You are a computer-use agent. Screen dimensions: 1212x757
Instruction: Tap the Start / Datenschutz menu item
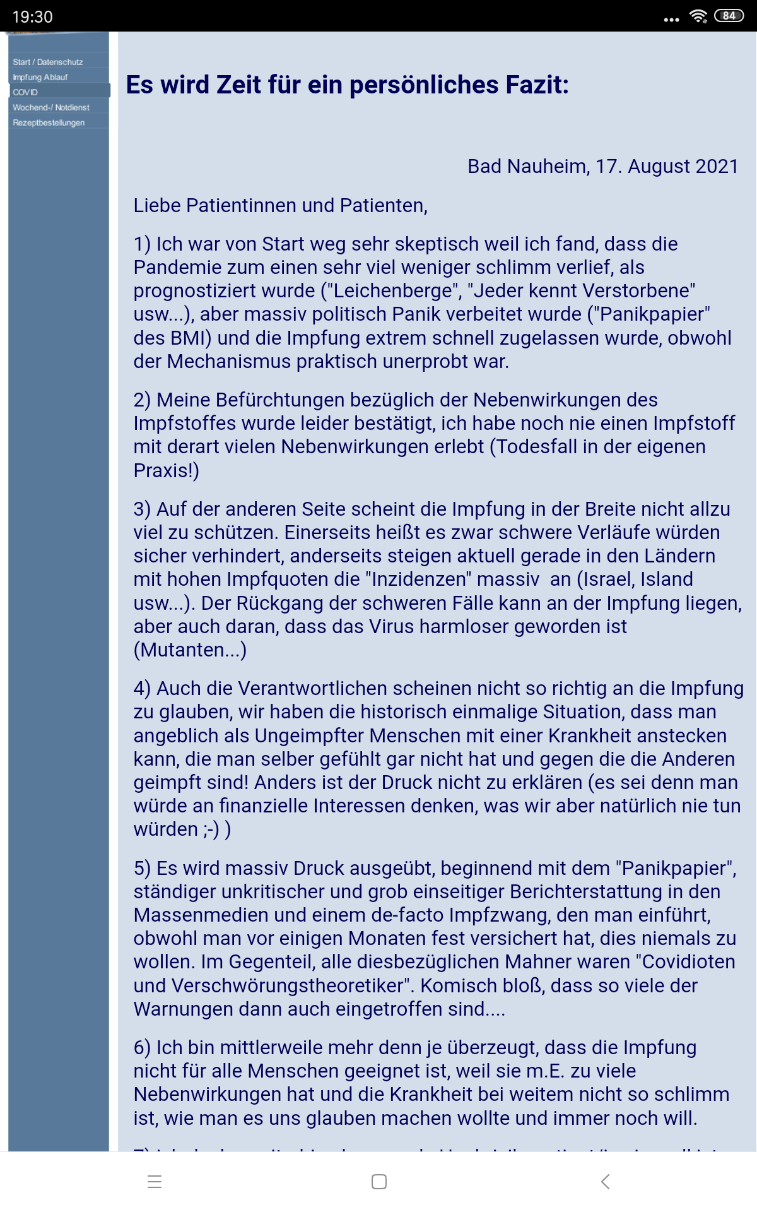click(48, 62)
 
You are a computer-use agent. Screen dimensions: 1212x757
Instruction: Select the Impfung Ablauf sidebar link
click(40, 77)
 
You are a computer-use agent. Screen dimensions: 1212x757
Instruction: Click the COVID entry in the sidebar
click(25, 92)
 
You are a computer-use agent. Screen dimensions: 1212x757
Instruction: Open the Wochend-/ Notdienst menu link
click(51, 107)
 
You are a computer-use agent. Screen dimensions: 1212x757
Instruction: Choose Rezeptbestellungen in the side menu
click(49, 122)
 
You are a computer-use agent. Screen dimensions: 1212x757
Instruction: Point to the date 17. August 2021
click(667, 166)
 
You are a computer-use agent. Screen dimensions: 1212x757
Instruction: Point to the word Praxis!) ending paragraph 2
click(166, 471)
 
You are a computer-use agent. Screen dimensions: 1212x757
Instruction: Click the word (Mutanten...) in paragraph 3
click(190, 650)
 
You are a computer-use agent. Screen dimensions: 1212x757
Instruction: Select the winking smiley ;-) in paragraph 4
click(211, 829)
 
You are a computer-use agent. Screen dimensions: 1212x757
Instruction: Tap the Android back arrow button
click(605, 1182)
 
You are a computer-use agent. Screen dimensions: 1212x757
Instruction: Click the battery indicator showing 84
click(729, 16)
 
